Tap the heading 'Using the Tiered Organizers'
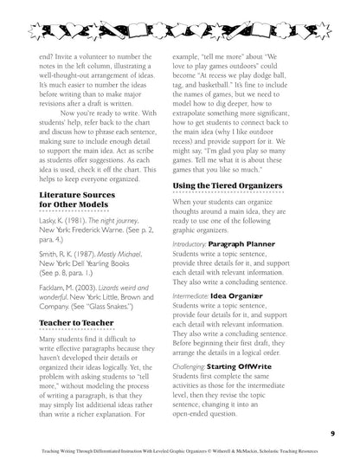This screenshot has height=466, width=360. point(233,184)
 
